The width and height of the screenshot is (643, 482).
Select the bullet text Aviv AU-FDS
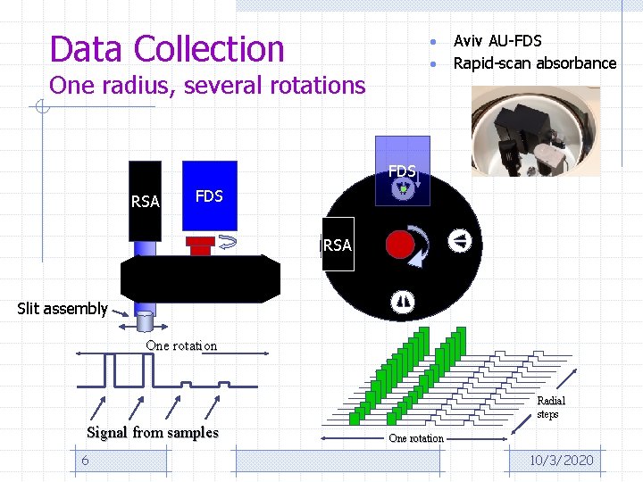coord(497,40)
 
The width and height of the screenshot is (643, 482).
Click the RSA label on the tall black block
coord(145,202)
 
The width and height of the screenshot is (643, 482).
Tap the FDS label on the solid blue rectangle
coord(209,195)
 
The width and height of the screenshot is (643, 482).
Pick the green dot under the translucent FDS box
coord(403,189)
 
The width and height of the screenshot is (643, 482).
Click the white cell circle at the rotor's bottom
coord(402,303)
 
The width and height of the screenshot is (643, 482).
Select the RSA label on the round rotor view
coord(338,245)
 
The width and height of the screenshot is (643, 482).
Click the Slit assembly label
coord(63,309)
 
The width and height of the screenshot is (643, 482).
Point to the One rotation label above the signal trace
coord(181,345)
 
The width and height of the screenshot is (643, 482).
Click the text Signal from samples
coord(153,433)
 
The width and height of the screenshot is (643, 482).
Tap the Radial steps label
coord(551,407)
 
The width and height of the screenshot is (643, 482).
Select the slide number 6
coord(85,460)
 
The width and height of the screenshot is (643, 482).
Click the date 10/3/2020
coord(561,460)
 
